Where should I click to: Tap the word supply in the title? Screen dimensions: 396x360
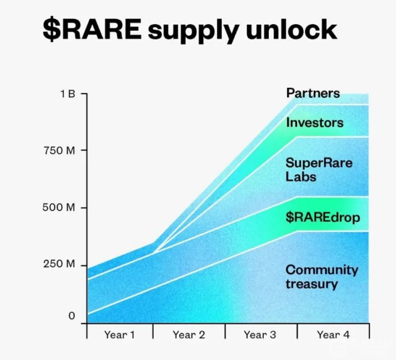(194, 31)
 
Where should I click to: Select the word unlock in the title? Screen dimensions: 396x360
(291, 29)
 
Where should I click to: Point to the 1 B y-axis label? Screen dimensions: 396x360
(68, 94)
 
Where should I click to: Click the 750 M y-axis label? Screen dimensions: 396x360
(60, 151)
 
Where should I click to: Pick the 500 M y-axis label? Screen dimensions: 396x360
(59, 207)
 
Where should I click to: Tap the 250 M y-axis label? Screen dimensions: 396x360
(60, 264)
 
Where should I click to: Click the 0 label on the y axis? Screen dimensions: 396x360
(72, 316)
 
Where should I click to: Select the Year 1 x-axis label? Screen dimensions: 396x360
(119, 335)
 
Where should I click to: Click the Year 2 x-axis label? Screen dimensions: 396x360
(189, 335)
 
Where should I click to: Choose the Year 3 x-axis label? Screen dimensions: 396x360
(260, 335)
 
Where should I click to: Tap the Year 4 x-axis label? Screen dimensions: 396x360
(333, 335)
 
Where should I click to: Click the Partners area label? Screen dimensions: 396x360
(313, 94)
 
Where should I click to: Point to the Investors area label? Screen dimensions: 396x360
(315, 123)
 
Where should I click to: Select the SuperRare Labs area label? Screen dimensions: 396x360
(319, 170)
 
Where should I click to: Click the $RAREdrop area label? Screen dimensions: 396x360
(323, 218)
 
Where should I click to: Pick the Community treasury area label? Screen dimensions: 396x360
(322, 277)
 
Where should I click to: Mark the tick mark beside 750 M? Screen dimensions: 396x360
(84, 150)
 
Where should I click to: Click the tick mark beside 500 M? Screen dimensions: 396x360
(84, 208)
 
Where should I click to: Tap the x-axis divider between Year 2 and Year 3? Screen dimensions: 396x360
(225, 331)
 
